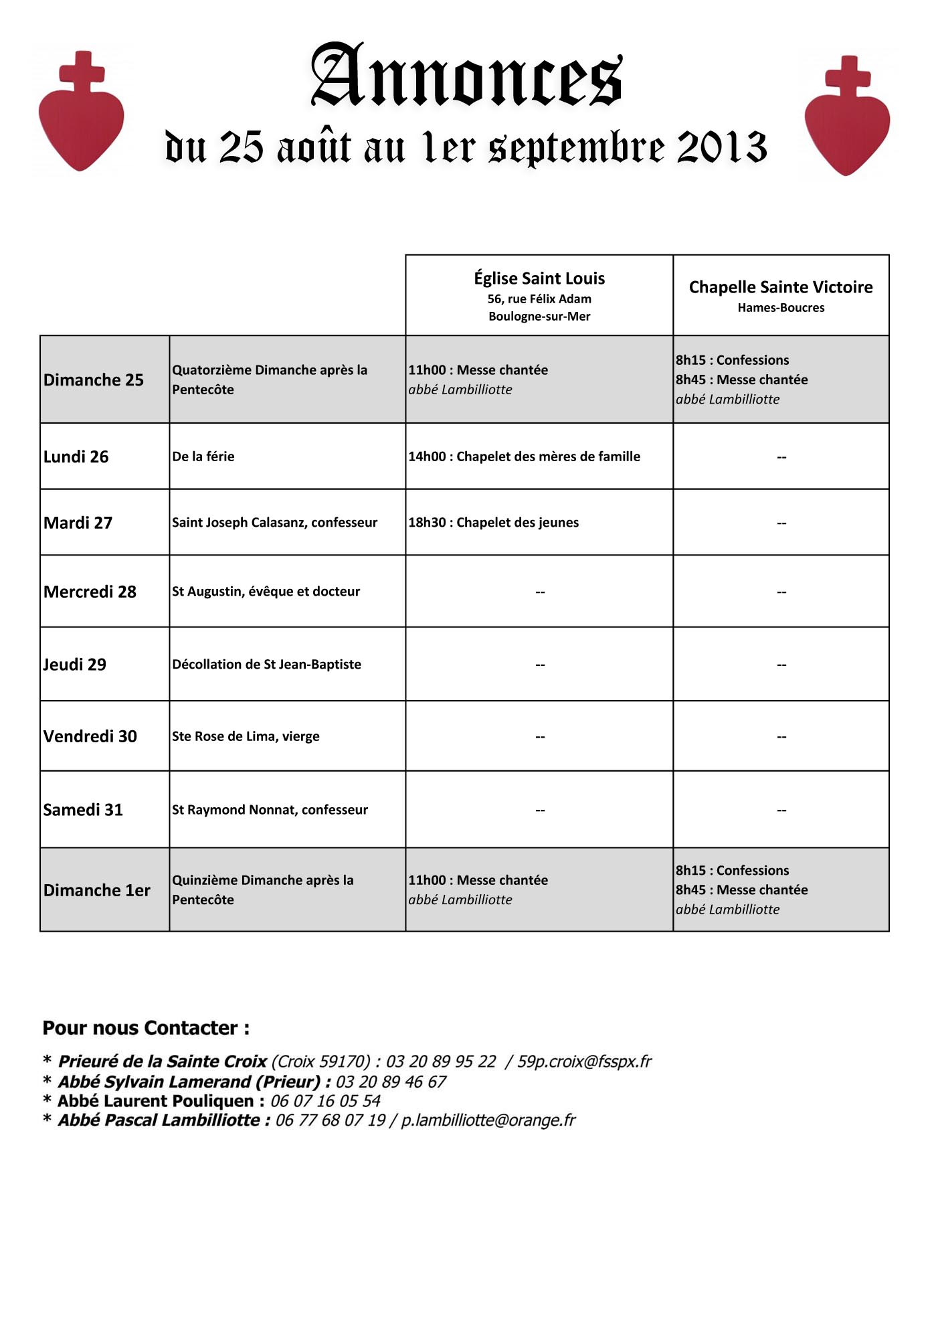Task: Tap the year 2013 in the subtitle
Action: (x=721, y=147)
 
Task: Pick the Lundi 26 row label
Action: (x=76, y=456)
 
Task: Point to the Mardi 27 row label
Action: (x=78, y=523)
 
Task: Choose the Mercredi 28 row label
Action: (x=90, y=592)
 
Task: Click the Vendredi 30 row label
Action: (x=90, y=736)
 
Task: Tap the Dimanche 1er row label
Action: (x=96, y=890)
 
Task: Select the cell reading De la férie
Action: (x=203, y=456)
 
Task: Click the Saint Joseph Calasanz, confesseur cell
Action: (x=274, y=523)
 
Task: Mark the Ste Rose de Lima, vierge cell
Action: (x=246, y=736)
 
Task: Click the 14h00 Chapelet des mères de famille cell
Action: (x=524, y=456)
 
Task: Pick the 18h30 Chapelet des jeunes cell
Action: (x=493, y=523)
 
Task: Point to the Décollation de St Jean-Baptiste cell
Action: (x=266, y=665)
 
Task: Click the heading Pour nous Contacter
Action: (x=146, y=1028)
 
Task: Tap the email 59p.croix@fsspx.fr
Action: (x=584, y=1062)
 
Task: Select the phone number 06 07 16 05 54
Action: (x=325, y=1101)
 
